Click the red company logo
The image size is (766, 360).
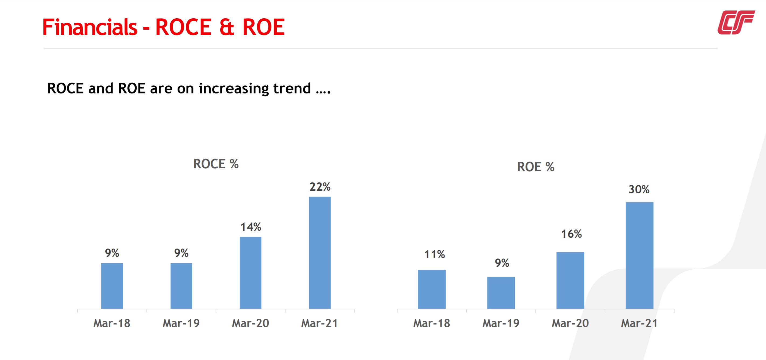click(736, 22)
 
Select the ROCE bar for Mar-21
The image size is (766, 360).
click(320, 253)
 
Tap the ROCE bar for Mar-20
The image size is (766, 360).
click(250, 272)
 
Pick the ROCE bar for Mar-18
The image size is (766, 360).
click(112, 286)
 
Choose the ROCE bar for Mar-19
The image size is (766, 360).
click(181, 286)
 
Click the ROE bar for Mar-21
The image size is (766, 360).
click(639, 255)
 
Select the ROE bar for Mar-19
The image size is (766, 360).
click(501, 293)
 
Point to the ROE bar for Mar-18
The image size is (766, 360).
click(431, 289)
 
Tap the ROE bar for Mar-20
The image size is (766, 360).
click(570, 280)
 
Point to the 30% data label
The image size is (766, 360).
click(639, 189)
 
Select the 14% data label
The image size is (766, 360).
click(251, 227)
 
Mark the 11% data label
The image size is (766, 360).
click(434, 254)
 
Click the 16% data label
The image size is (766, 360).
click(571, 234)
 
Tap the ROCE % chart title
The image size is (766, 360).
click(216, 164)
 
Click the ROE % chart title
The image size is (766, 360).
click(536, 167)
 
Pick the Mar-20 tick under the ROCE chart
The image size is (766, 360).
click(250, 323)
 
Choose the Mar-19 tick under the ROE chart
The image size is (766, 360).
click(501, 323)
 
